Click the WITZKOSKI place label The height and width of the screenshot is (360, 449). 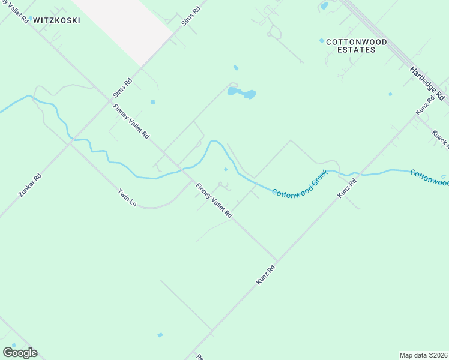click(x=56, y=20)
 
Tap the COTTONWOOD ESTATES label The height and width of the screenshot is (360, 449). click(x=352, y=46)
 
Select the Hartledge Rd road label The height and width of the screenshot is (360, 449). click(x=429, y=83)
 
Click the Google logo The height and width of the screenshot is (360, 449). click(x=20, y=353)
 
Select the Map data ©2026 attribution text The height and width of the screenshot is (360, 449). click(x=423, y=355)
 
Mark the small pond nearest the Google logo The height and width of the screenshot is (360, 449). click(x=160, y=334)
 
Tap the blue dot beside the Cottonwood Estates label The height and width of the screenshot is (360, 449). click(x=322, y=41)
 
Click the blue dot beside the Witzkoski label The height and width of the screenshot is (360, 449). click(x=30, y=18)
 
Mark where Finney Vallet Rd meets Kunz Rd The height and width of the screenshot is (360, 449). click(x=276, y=262)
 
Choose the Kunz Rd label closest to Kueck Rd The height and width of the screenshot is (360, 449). click(x=425, y=106)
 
